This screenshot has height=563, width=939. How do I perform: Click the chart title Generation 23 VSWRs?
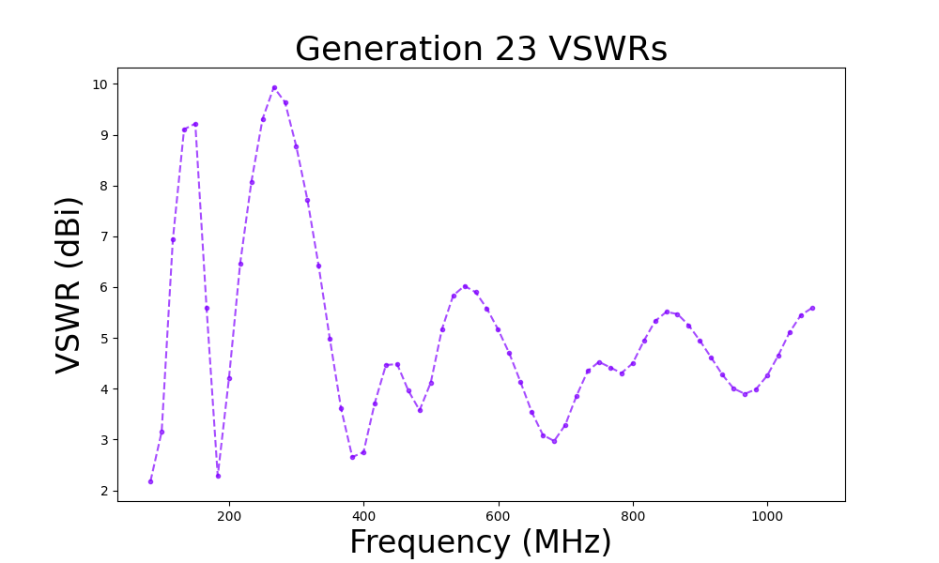[x=481, y=49]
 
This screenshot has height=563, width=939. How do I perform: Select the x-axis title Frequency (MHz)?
[x=481, y=542]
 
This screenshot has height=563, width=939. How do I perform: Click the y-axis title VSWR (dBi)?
[x=69, y=284]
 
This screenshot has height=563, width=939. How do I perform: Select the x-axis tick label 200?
[x=229, y=517]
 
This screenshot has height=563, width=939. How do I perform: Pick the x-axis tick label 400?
[x=363, y=517]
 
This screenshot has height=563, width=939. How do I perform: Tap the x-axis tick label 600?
[x=498, y=517]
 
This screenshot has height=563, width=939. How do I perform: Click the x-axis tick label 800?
[x=633, y=517]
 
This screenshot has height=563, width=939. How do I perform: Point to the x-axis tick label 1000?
[x=767, y=517]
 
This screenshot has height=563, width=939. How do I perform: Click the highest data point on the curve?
[x=274, y=88]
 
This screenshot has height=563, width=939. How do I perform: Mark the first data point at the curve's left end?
[x=150, y=481]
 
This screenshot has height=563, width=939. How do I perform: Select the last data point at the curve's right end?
[x=812, y=308]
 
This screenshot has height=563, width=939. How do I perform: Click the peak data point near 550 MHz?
[x=465, y=286]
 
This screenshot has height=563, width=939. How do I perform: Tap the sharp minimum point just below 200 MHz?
[x=218, y=476]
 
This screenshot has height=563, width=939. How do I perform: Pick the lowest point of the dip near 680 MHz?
[x=554, y=441]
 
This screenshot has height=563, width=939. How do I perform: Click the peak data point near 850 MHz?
[x=667, y=312]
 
